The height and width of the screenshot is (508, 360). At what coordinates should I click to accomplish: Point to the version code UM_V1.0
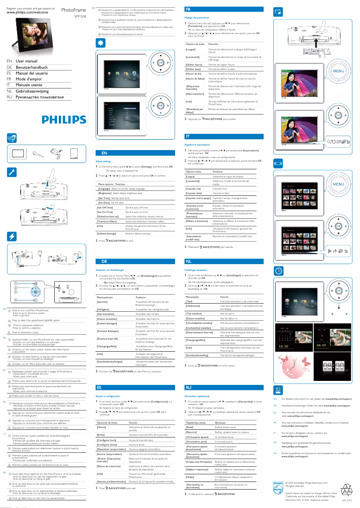(x=347, y=500)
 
